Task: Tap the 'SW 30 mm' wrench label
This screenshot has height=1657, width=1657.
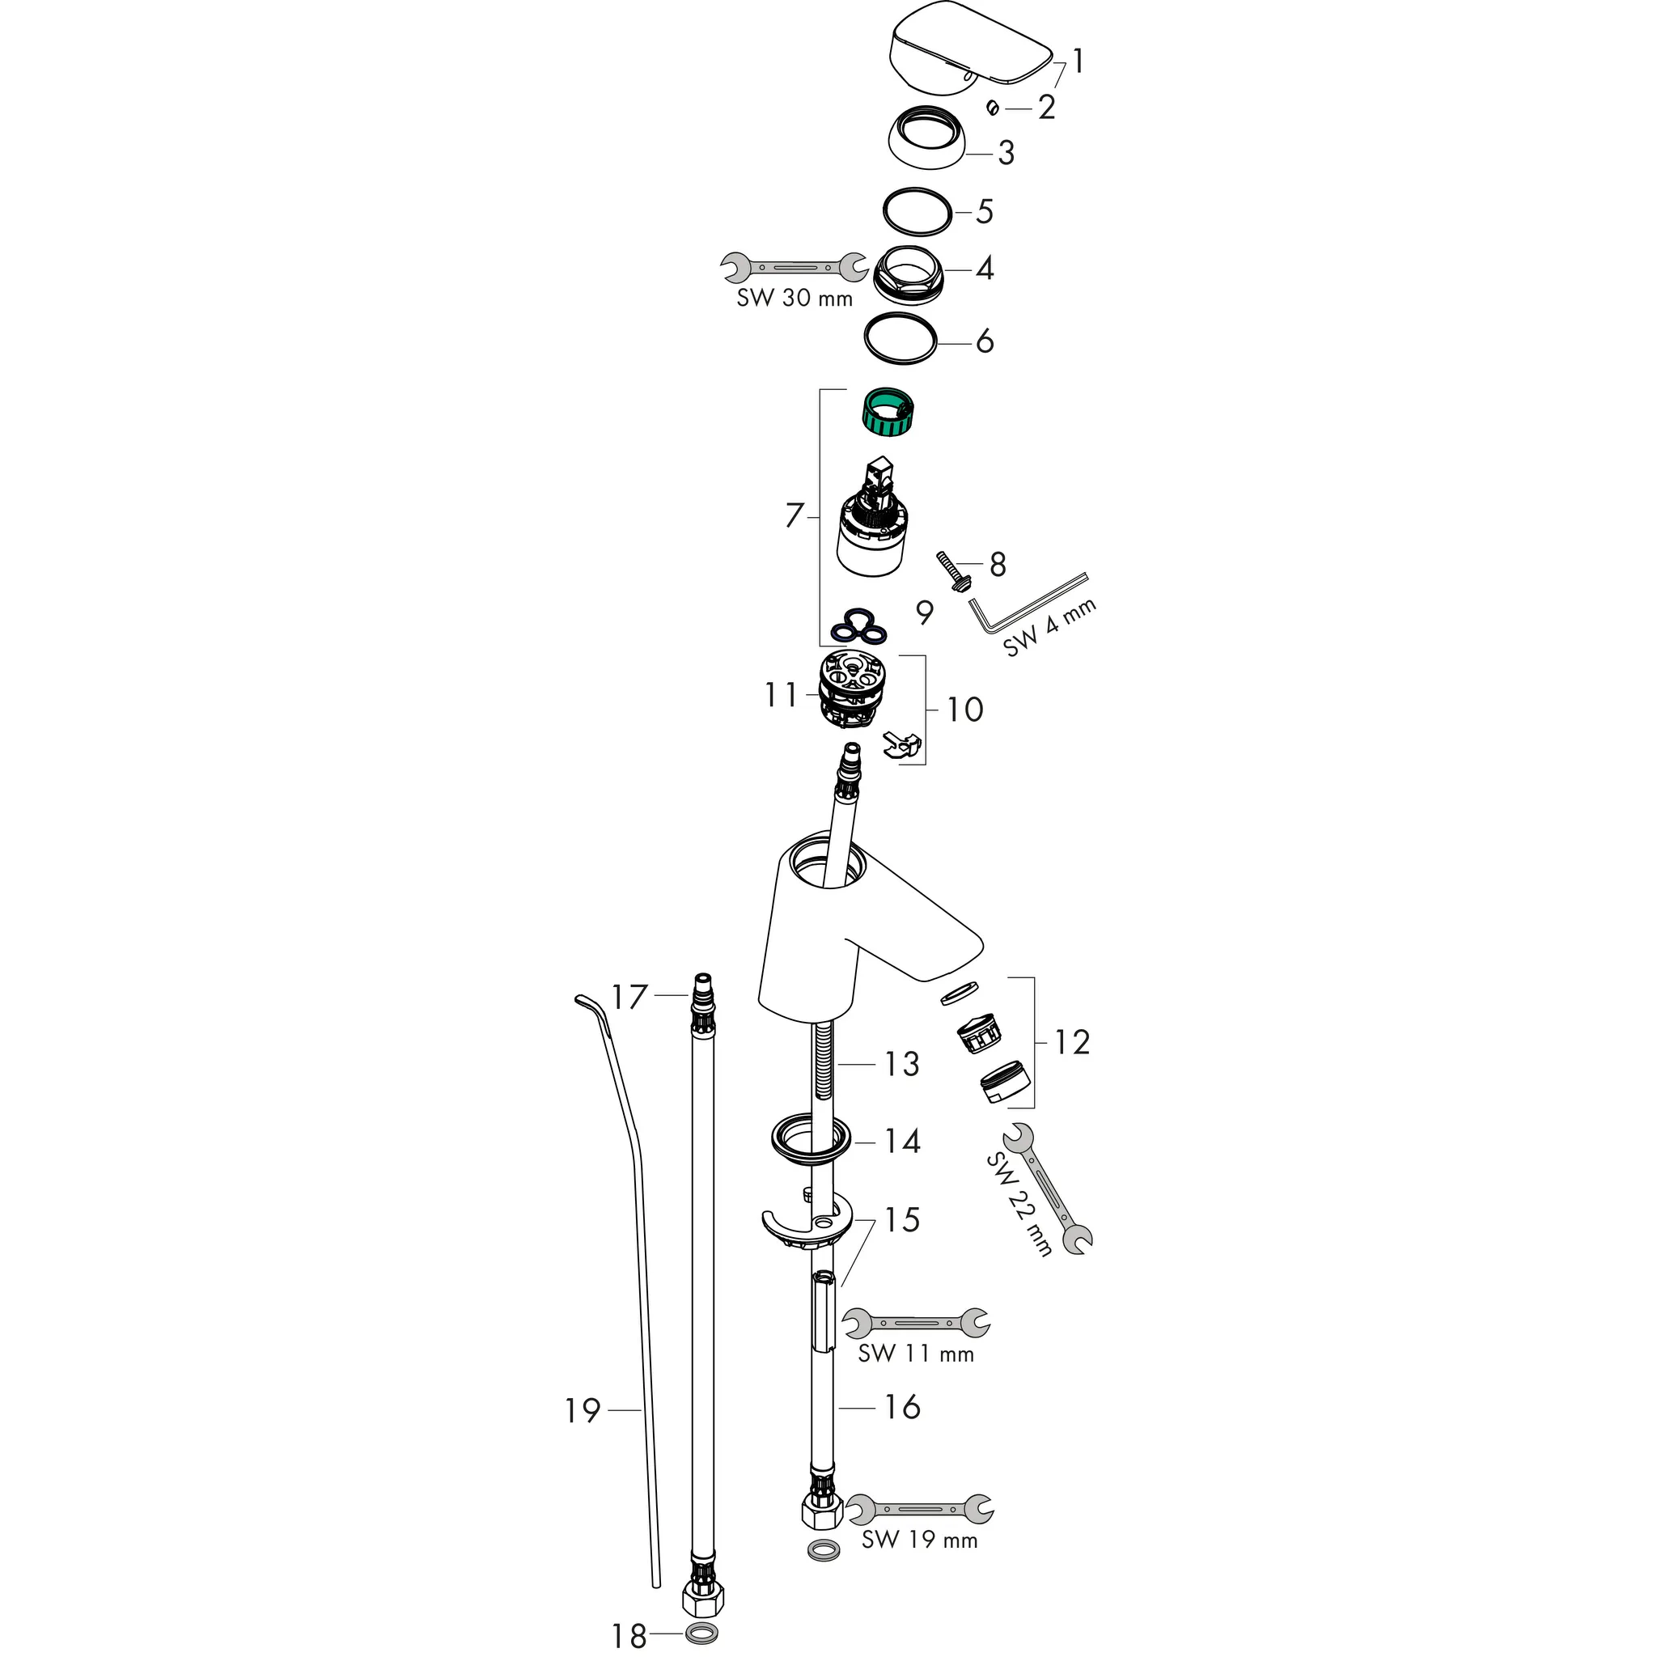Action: click(x=795, y=299)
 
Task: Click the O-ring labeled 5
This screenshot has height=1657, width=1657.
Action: click(x=917, y=211)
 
